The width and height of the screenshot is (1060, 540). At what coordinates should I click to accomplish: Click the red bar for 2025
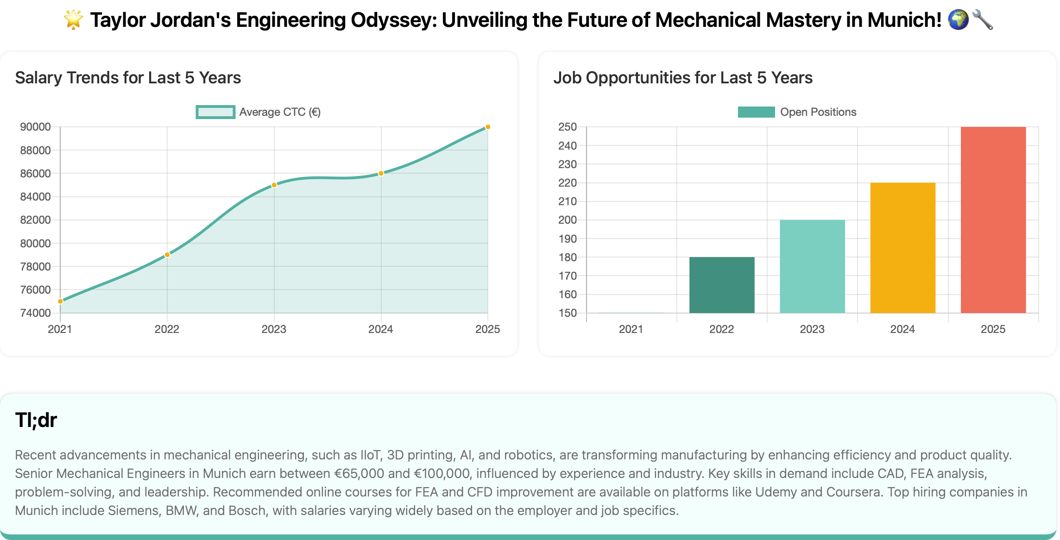coord(993,220)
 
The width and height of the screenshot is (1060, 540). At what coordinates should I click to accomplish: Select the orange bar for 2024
coord(902,248)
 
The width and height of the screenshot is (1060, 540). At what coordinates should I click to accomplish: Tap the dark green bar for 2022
coord(721,285)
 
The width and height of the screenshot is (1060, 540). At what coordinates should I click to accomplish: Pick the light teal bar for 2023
coord(812,266)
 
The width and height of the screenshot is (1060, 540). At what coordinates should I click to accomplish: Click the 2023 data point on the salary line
coord(274,185)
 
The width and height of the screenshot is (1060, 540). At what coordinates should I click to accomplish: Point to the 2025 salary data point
coord(487,127)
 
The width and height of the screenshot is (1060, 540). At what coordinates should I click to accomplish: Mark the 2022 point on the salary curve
coord(167,255)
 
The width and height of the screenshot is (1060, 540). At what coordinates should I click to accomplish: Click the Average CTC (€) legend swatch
coord(215,112)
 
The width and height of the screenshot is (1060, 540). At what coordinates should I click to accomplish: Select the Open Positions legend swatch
coord(756,112)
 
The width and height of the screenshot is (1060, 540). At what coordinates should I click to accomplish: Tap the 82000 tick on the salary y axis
coord(35,220)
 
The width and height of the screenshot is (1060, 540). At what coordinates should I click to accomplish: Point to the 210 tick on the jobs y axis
coord(567,201)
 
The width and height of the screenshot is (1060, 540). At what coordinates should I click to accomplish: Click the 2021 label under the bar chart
coord(631,329)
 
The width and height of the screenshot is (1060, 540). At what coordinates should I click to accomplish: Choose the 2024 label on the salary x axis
coord(380,329)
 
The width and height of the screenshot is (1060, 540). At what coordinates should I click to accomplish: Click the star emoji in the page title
coord(73,20)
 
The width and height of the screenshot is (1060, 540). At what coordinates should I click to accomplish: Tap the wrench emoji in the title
coord(983,20)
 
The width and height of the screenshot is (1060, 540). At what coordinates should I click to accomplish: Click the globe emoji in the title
coord(958,20)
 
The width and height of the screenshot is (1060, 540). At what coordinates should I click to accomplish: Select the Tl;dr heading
coord(36,420)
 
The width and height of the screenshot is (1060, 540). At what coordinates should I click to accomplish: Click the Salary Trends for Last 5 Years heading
coord(128,78)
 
